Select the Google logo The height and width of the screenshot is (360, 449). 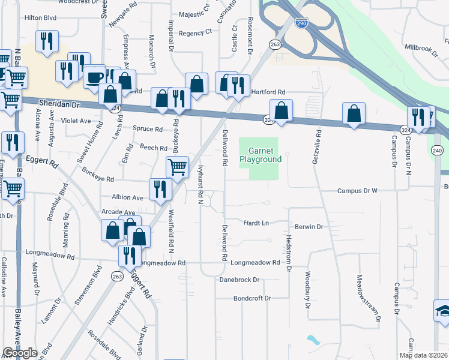pyautogui.click(x=20, y=353)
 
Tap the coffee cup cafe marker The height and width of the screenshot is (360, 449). pyautogui.click(x=94, y=77)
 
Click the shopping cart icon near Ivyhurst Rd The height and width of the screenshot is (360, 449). pyautogui.click(x=177, y=166)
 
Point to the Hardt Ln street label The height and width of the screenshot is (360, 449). pyautogui.click(x=255, y=223)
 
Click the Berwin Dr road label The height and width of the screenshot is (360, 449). pyautogui.click(x=309, y=227)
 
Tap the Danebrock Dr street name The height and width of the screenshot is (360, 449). pyautogui.click(x=239, y=280)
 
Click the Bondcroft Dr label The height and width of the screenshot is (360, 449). pyautogui.click(x=252, y=298)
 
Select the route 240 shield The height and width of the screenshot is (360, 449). pyautogui.click(x=437, y=151)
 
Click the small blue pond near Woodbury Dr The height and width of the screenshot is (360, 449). pyautogui.click(x=313, y=340)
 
